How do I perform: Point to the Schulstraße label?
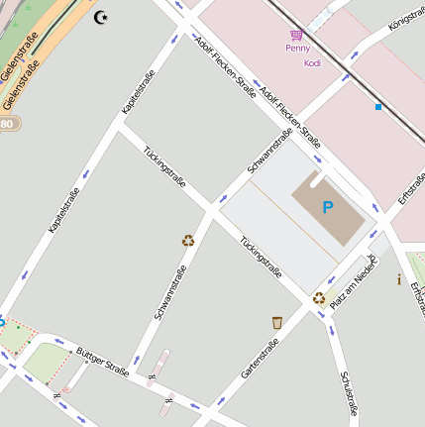click(349, 393)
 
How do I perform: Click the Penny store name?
click(297, 48)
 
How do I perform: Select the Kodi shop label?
click(312, 62)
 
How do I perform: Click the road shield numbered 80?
click(8, 124)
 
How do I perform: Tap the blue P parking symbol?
click(328, 208)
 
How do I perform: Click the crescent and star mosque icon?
click(100, 17)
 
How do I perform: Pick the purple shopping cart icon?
click(296, 34)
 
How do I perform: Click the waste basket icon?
click(277, 322)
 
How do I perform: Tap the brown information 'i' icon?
click(398, 280)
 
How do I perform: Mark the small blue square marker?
click(377, 106)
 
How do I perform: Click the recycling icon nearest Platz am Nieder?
click(318, 297)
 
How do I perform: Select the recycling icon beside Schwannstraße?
click(187, 240)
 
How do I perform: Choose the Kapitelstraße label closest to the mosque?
click(136, 96)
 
